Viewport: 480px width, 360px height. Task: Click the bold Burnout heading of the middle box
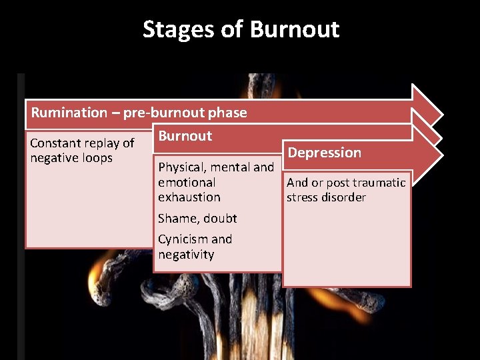click(185, 136)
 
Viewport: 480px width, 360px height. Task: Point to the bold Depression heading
click(324, 153)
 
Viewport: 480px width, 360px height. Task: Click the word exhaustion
click(189, 197)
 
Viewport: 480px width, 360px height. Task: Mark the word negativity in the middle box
click(186, 255)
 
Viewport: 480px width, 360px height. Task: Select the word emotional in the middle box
click(187, 183)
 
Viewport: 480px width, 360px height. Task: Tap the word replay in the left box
click(100, 143)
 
